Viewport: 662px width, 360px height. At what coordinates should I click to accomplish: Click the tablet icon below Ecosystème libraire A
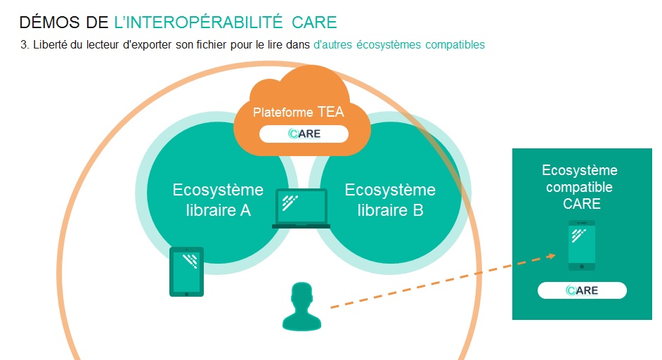click(x=187, y=271)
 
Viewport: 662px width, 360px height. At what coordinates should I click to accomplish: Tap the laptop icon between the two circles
click(x=301, y=208)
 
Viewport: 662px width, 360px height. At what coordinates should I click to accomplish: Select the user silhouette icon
click(x=302, y=307)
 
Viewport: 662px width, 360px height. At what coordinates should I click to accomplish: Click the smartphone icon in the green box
click(x=582, y=245)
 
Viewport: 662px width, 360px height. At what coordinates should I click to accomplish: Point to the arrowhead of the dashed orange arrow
click(x=551, y=256)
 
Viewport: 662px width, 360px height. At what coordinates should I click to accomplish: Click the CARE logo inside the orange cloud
click(x=304, y=134)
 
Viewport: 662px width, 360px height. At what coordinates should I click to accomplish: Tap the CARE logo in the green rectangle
click(x=582, y=290)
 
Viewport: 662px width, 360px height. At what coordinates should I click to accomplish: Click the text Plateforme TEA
click(x=299, y=112)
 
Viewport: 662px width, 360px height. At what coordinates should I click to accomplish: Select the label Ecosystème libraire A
click(x=218, y=200)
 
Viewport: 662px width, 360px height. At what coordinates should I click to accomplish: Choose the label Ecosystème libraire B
click(x=390, y=200)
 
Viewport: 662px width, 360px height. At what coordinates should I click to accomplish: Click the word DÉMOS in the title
click(x=50, y=22)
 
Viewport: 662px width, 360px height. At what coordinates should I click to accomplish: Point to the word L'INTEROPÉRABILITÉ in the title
click(x=198, y=22)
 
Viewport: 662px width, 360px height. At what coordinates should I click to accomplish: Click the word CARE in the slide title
click(x=314, y=22)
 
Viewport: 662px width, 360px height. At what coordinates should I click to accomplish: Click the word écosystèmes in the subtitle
click(x=389, y=45)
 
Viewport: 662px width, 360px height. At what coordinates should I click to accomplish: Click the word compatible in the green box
click(x=579, y=187)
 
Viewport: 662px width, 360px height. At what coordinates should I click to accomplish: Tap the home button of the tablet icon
click(x=187, y=294)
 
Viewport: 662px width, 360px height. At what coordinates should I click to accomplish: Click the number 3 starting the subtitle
click(x=25, y=45)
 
